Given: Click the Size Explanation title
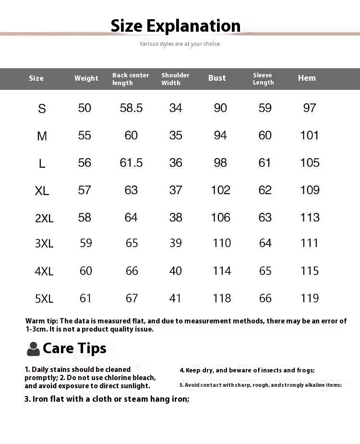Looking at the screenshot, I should [x=176, y=25].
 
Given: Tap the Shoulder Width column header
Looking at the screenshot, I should [x=175, y=79].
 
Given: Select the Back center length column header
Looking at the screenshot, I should [x=131, y=79].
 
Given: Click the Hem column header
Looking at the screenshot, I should [x=307, y=78].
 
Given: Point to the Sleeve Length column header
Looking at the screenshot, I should [x=263, y=79].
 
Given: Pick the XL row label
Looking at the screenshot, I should [x=42, y=191].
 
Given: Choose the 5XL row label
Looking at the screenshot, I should [x=44, y=299].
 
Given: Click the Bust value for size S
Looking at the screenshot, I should [x=220, y=108].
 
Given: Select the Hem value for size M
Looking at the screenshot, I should [x=310, y=136].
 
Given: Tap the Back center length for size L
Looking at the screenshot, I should [x=131, y=163].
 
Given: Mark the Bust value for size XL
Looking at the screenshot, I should [x=220, y=190].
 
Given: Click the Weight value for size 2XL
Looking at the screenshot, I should [x=84, y=218].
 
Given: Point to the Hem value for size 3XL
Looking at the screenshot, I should [x=310, y=243].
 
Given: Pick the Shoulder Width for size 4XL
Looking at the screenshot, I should [x=176, y=271].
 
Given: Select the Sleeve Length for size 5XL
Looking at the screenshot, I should [x=265, y=298].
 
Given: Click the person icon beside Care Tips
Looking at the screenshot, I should [x=33, y=349].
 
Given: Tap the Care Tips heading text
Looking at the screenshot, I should [x=74, y=348].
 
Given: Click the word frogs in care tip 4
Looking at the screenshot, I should [x=304, y=370].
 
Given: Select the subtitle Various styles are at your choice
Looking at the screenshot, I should [x=180, y=44].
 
